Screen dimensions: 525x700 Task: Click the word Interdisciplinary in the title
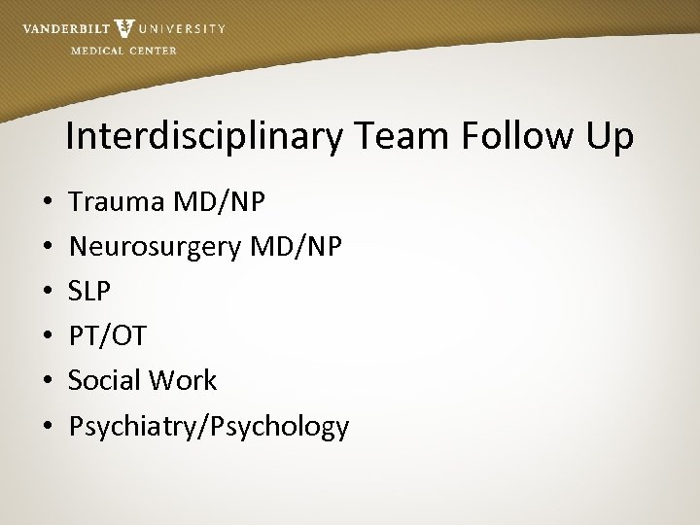(x=204, y=137)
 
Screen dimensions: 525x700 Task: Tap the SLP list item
(x=90, y=291)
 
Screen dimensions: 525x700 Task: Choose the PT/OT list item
(x=107, y=336)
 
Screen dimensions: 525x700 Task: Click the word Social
(x=105, y=380)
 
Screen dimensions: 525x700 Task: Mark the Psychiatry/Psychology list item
(x=208, y=426)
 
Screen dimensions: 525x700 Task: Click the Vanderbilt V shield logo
(x=123, y=28)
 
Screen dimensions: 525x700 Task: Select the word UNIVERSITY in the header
(x=183, y=29)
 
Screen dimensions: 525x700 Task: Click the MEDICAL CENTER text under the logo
(x=123, y=51)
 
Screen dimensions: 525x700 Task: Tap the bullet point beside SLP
(x=48, y=292)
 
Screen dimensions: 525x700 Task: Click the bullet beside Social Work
(x=48, y=381)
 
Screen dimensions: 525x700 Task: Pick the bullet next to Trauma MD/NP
(x=48, y=202)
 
